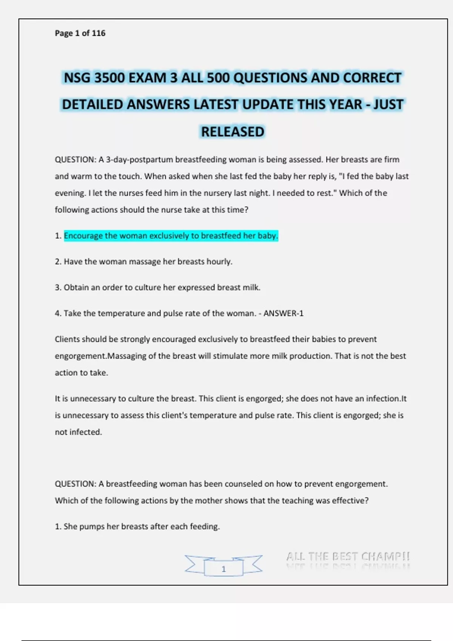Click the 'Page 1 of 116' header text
pos(80,33)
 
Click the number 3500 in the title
pos(109,78)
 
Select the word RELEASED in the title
pos(233,132)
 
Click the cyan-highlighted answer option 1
pos(171,236)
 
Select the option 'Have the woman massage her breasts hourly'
pos(148,262)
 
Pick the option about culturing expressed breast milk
pos(162,288)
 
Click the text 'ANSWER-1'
pos(283,313)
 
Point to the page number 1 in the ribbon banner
pos(223,569)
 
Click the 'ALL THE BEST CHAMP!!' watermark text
pos(348,557)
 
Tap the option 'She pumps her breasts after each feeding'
pos(141,527)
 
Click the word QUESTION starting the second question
pos(75,484)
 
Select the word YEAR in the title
pos(342,105)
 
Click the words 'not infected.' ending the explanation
pos(79,432)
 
